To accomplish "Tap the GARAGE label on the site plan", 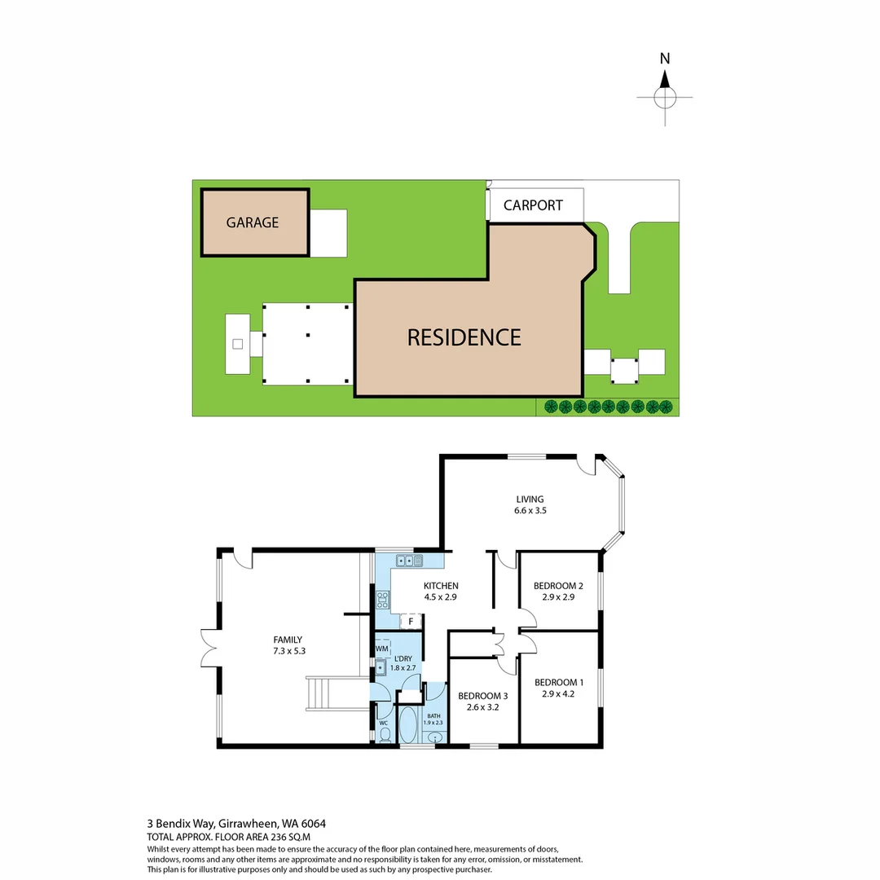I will [253, 222].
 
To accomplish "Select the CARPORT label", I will [533, 205].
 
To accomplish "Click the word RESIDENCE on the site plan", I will [464, 337].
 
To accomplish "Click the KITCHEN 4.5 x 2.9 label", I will [441, 591].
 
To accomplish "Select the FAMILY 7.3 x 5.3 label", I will [288, 645].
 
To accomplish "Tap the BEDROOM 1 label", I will [558, 689].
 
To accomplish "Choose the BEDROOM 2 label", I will [558, 591].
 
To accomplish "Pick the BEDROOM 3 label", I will [482, 702].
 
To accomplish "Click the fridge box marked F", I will [411, 622].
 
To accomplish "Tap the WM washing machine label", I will [381, 649].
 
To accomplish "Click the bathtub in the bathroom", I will [407, 727].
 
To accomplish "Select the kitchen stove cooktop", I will [382, 600].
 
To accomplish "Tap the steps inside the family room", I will [324, 693].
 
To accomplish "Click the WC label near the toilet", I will [383, 723].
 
